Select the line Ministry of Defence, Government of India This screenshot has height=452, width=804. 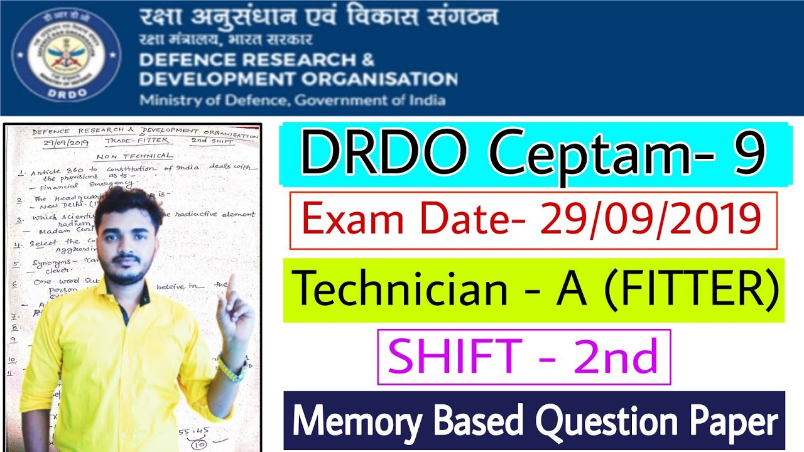pos(292,100)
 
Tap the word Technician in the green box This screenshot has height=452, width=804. pos(401,290)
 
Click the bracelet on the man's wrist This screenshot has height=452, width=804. pos(231,370)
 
